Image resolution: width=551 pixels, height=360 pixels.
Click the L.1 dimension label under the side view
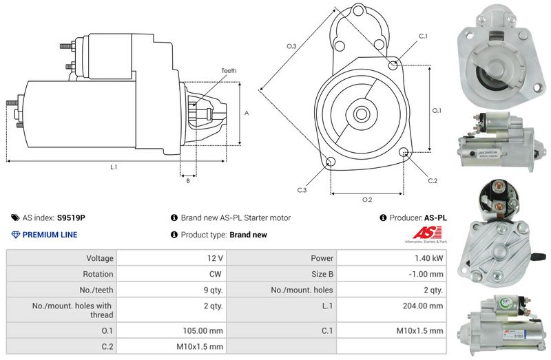point(114,167)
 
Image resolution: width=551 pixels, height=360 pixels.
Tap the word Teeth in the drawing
point(229,71)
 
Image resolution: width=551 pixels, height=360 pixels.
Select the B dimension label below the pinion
point(188,181)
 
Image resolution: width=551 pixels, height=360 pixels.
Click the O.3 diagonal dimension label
point(291,46)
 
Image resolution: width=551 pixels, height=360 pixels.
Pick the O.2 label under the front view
point(367,200)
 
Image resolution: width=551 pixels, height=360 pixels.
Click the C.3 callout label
point(302,189)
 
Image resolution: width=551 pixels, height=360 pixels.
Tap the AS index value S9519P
point(71,218)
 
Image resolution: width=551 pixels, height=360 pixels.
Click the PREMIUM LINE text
point(50,235)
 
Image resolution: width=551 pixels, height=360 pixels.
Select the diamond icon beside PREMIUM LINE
point(16,235)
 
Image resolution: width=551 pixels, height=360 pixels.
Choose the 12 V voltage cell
point(215,258)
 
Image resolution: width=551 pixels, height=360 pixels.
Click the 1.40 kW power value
point(428,258)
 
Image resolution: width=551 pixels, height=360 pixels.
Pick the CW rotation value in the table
point(216,274)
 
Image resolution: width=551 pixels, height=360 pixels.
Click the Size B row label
point(321,274)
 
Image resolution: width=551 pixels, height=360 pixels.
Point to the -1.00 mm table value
point(428,274)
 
